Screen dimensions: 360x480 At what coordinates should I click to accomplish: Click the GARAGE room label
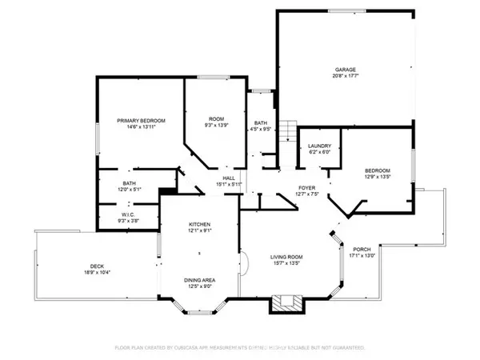[x=346, y=69]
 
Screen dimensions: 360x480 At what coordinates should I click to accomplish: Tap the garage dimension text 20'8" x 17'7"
[x=346, y=76]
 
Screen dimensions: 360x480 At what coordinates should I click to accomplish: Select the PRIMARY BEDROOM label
[x=134, y=120]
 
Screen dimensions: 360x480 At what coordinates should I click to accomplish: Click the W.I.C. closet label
[x=129, y=214]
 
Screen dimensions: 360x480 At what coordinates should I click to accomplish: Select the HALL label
[x=229, y=178]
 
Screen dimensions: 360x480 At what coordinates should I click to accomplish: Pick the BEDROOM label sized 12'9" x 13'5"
[x=377, y=170]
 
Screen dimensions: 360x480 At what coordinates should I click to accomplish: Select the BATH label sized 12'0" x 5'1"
[x=129, y=183]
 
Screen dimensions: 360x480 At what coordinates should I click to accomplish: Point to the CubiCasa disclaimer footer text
[x=240, y=348]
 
